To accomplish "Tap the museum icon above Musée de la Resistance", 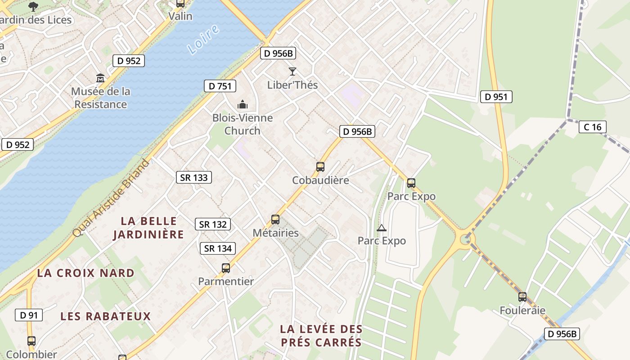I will click(100, 78).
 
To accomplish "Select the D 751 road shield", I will click(220, 86).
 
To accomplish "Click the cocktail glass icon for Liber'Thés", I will click(292, 71).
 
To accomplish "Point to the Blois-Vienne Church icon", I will click(243, 105).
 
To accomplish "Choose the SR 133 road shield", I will click(194, 177).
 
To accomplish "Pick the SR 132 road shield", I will click(213, 224).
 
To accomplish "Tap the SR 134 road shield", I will click(218, 248).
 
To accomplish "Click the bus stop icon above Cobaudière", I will click(320, 167).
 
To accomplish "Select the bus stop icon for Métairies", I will click(275, 220).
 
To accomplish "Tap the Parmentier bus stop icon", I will click(226, 268).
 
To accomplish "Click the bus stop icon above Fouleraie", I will click(522, 297).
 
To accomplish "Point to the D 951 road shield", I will click(496, 97).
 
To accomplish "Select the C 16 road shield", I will click(592, 127).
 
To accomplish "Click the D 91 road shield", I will click(29, 315).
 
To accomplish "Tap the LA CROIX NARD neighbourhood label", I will click(85, 273).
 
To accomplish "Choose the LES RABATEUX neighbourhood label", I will click(106, 316).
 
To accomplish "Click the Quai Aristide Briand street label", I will click(112, 198).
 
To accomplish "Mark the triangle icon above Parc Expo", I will click(382, 228).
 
